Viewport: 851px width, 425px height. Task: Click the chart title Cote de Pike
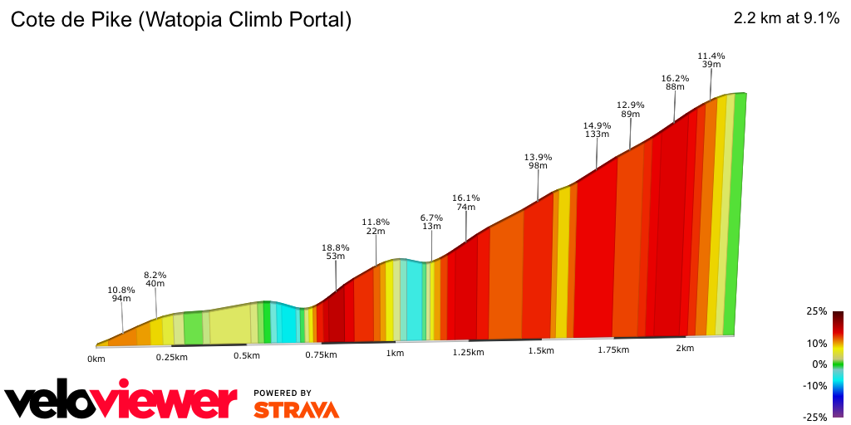click(x=180, y=20)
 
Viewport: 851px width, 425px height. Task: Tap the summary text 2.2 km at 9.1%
click(x=786, y=19)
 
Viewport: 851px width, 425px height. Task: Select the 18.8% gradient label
click(x=336, y=252)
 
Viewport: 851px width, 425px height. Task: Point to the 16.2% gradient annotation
click(x=675, y=82)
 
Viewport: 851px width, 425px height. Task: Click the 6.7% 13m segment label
click(x=431, y=222)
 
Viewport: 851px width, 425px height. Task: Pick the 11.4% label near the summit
click(x=711, y=61)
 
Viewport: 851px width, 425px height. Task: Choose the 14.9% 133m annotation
click(x=597, y=129)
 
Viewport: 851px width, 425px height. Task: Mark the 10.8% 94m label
click(x=121, y=294)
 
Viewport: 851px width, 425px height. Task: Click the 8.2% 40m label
click(x=155, y=279)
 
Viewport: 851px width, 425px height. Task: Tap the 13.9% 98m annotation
click(x=539, y=161)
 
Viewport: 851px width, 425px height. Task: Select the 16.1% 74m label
click(x=465, y=203)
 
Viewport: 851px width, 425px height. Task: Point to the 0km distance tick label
click(x=96, y=359)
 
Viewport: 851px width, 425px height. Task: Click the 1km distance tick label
click(x=395, y=353)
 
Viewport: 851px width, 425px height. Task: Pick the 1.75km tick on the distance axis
click(x=613, y=349)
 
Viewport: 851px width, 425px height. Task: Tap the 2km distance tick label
click(x=685, y=349)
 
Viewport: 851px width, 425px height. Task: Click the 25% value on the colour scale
click(x=816, y=311)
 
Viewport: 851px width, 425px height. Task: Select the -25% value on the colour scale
click(x=815, y=417)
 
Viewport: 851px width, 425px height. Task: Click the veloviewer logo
click(x=121, y=401)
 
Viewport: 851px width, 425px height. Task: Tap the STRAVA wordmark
click(x=296, y=409)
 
